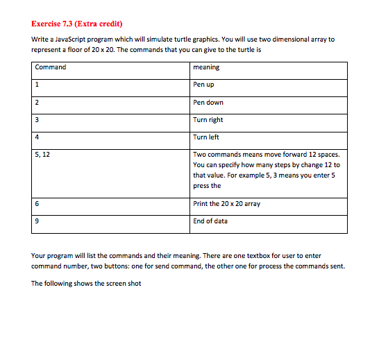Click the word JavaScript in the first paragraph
(76, 40)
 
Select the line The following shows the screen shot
(86, 283)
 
